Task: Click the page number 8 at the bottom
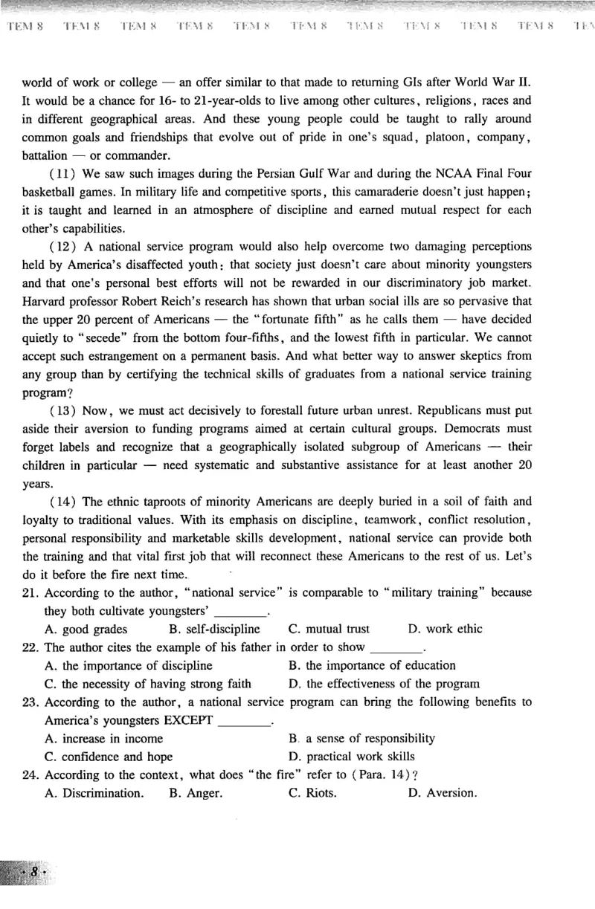pos(34,872)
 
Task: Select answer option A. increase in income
pos(103,738)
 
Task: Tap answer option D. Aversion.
pos(442,793)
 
